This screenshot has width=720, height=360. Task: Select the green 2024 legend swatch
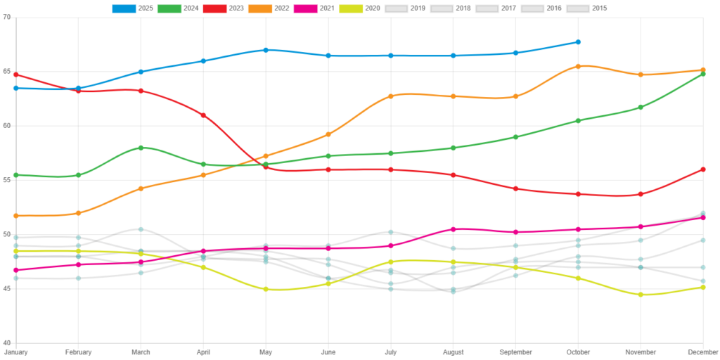coord(169,8)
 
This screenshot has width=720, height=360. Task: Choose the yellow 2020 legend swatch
coord(351,8)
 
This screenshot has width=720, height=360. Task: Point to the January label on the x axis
coord(15,352)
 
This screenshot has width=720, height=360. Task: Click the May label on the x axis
coord(266,352)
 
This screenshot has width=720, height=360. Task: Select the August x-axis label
coord(453,352)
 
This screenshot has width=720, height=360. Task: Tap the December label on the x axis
coord(703,352)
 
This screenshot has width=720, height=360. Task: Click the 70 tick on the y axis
coord(7,17)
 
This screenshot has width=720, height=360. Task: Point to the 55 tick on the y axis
coord(7,179)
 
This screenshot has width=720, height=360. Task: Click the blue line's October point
coord(578,42)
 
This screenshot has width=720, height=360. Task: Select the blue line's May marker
coord(266,50)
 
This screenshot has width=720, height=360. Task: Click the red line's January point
coord(15,75)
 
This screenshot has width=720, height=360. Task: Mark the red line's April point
coord(203,115)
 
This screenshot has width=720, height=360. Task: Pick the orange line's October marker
coord(578,66)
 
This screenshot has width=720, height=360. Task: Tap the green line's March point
coord(141,148)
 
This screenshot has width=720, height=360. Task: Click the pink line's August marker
coord(453,229)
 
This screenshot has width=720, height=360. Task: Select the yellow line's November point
coord(641,295)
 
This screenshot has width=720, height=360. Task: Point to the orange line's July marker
coord(390,96)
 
